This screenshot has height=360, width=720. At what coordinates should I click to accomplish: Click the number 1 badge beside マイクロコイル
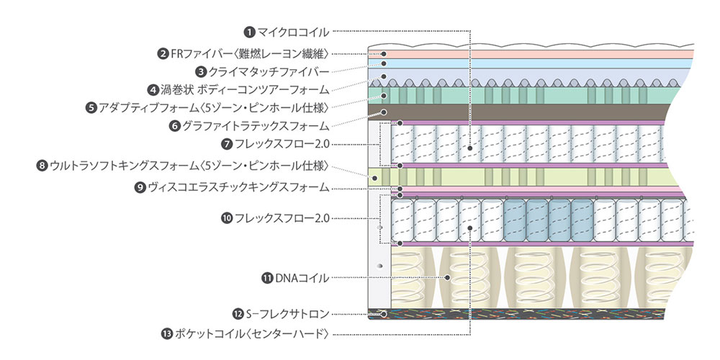249,31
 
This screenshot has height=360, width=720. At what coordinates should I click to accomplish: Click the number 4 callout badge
153,90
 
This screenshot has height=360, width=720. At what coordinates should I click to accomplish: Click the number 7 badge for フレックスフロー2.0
227,144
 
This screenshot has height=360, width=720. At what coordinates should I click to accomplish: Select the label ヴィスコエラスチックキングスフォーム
238,187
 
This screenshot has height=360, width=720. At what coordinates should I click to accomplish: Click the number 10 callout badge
227,217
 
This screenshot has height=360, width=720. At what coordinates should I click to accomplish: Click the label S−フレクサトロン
287,313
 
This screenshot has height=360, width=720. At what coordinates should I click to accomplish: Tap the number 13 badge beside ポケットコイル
168,333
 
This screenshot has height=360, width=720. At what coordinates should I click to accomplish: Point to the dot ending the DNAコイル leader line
448,277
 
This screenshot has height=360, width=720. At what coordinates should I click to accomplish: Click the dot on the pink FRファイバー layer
384,53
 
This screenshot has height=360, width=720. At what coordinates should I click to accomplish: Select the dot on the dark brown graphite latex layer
384,112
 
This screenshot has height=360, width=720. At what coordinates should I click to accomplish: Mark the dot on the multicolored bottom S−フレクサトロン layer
384,314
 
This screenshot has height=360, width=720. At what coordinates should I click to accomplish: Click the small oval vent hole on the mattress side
379,266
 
